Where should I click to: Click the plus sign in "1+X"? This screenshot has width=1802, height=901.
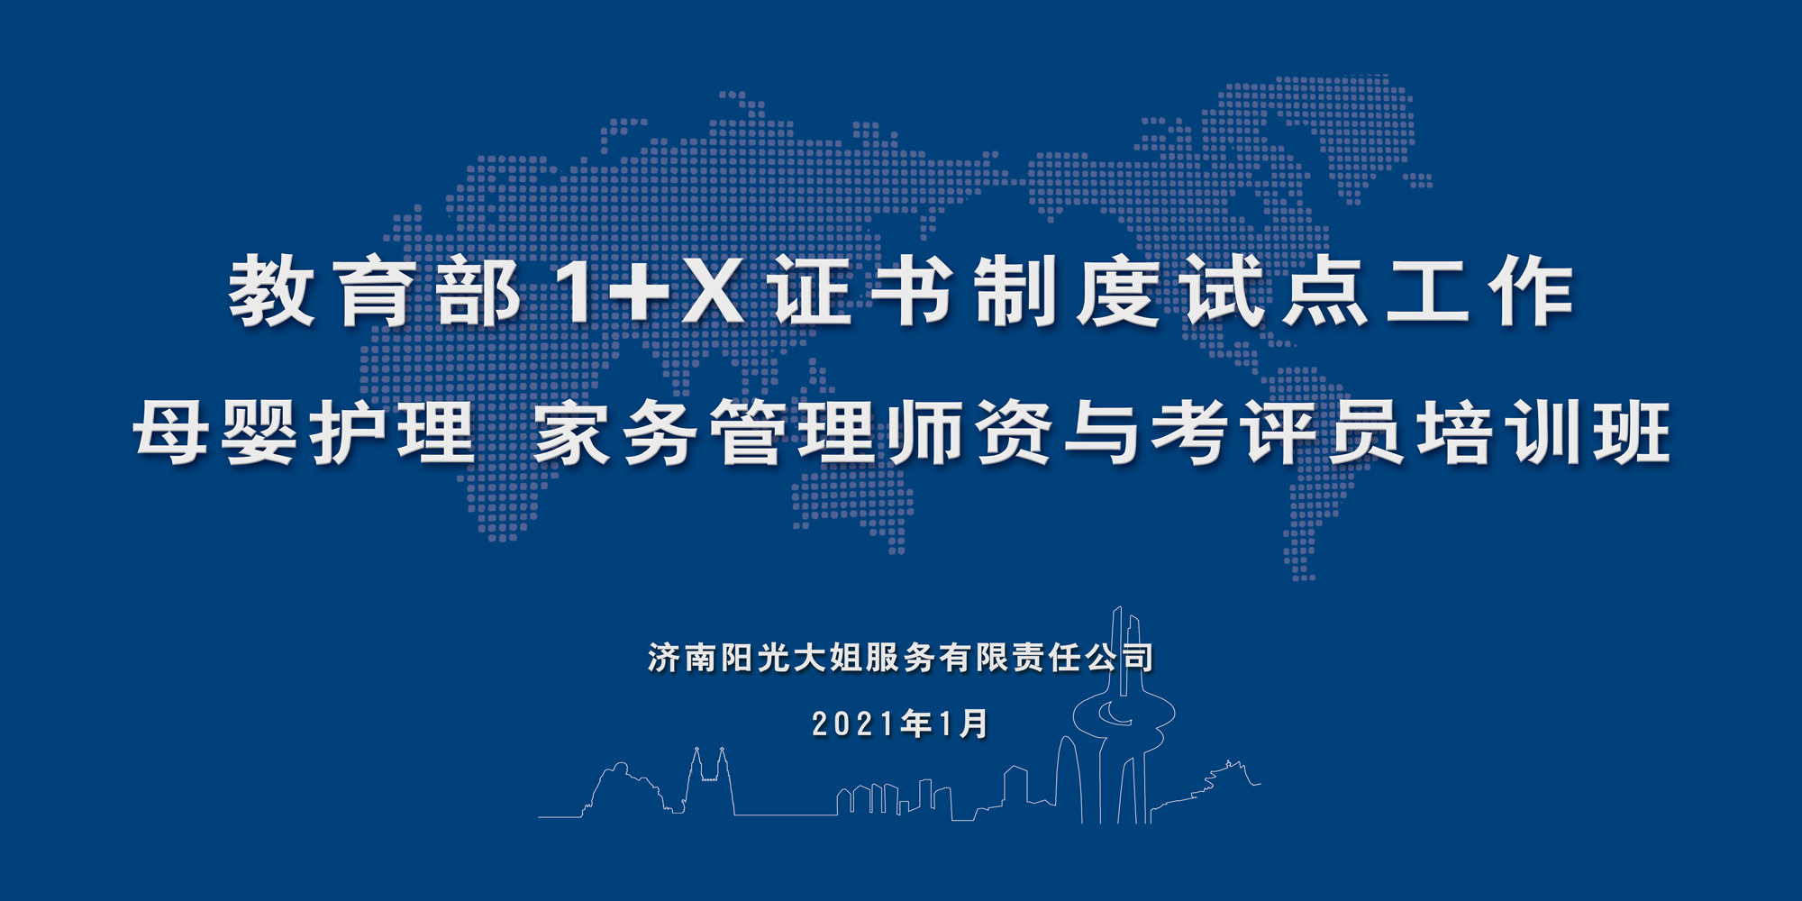click(x=637, y=290)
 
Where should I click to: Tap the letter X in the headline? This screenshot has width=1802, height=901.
click(x=714, y=290)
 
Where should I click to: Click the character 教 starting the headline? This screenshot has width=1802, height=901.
click(x=271, y=290)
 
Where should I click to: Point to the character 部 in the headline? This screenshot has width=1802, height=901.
click(x=478, y=290)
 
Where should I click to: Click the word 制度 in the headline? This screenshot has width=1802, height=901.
click(x=1068, y=290)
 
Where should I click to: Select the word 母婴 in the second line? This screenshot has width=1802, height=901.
click(x=216, y=432)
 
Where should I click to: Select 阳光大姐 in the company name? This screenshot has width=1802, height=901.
click(x=792, y=658)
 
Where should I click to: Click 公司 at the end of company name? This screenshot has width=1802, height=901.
click(x=1119, y=658)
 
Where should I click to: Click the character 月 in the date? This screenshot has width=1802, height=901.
click(x=974, y=724)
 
